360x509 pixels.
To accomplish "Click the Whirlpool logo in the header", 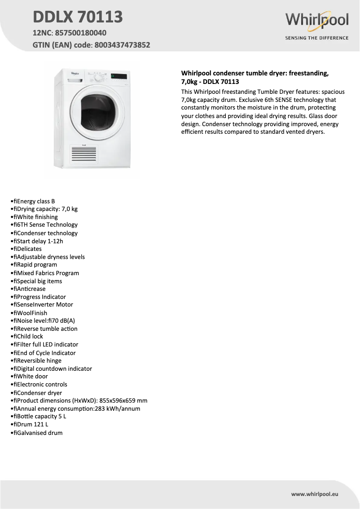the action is tap(317, 20).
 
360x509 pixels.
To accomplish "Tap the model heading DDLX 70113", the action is tap(78, 17).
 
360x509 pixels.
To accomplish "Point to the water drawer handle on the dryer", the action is tap(75, 80).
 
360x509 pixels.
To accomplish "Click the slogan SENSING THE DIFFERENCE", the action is tap(317, 38).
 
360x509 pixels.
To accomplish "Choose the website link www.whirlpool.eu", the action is tap(315, 494).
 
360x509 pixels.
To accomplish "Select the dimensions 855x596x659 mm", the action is tap(121, 400).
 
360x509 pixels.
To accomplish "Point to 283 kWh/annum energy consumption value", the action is tap(118, 408).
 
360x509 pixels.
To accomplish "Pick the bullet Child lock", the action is tap(30, 336).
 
